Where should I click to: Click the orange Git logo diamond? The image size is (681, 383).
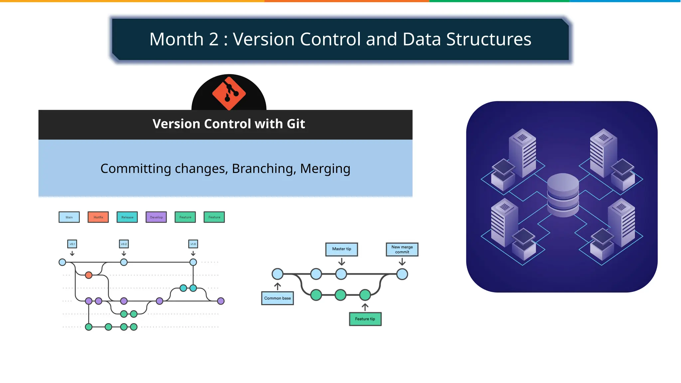click(229, 93)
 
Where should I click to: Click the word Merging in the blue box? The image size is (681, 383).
click(325, 169)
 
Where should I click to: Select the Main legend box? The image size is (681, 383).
click(69, 217)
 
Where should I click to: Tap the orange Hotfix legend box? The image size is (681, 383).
click(98, 217)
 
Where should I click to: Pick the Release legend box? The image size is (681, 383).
click(127, 217)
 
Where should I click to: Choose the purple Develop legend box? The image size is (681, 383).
click(156, 217)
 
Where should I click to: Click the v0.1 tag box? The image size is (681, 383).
click(72, 244)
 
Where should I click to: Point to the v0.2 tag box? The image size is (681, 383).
click(124, 244)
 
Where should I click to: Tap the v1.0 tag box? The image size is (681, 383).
click(193, 244)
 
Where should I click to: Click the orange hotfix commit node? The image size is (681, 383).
click(88, 275)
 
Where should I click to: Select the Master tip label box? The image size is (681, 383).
click(341, 249)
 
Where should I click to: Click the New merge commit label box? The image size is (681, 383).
click(402, 249)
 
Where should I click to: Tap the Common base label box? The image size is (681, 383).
click(277, 298)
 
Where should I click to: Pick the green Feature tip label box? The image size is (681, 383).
click(365, 319)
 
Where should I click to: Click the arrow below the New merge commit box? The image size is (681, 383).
click(402, 262)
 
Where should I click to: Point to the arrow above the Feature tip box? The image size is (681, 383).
click(365, 307)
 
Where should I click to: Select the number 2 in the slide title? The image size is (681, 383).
click(213, 39)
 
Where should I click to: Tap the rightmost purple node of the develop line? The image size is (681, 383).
click(221, 301)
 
